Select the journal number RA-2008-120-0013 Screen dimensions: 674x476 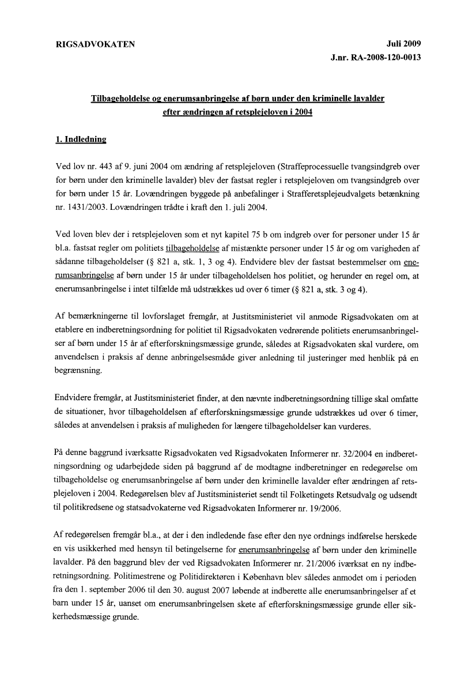(x=385, y=58)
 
